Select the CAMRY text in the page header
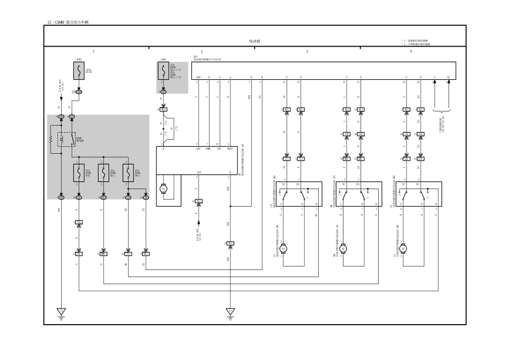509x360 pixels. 59,22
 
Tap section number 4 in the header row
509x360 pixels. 411,51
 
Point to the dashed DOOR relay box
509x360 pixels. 67,139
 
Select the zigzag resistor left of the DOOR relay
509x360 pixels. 51,138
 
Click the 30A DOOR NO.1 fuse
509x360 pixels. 128,173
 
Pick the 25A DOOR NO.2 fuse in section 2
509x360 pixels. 163,71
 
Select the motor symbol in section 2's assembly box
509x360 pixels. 163,189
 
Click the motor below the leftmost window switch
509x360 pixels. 283,248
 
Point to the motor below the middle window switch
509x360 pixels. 343,248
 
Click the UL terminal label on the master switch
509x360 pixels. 448,77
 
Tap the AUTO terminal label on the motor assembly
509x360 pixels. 230,149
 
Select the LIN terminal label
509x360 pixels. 199,172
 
